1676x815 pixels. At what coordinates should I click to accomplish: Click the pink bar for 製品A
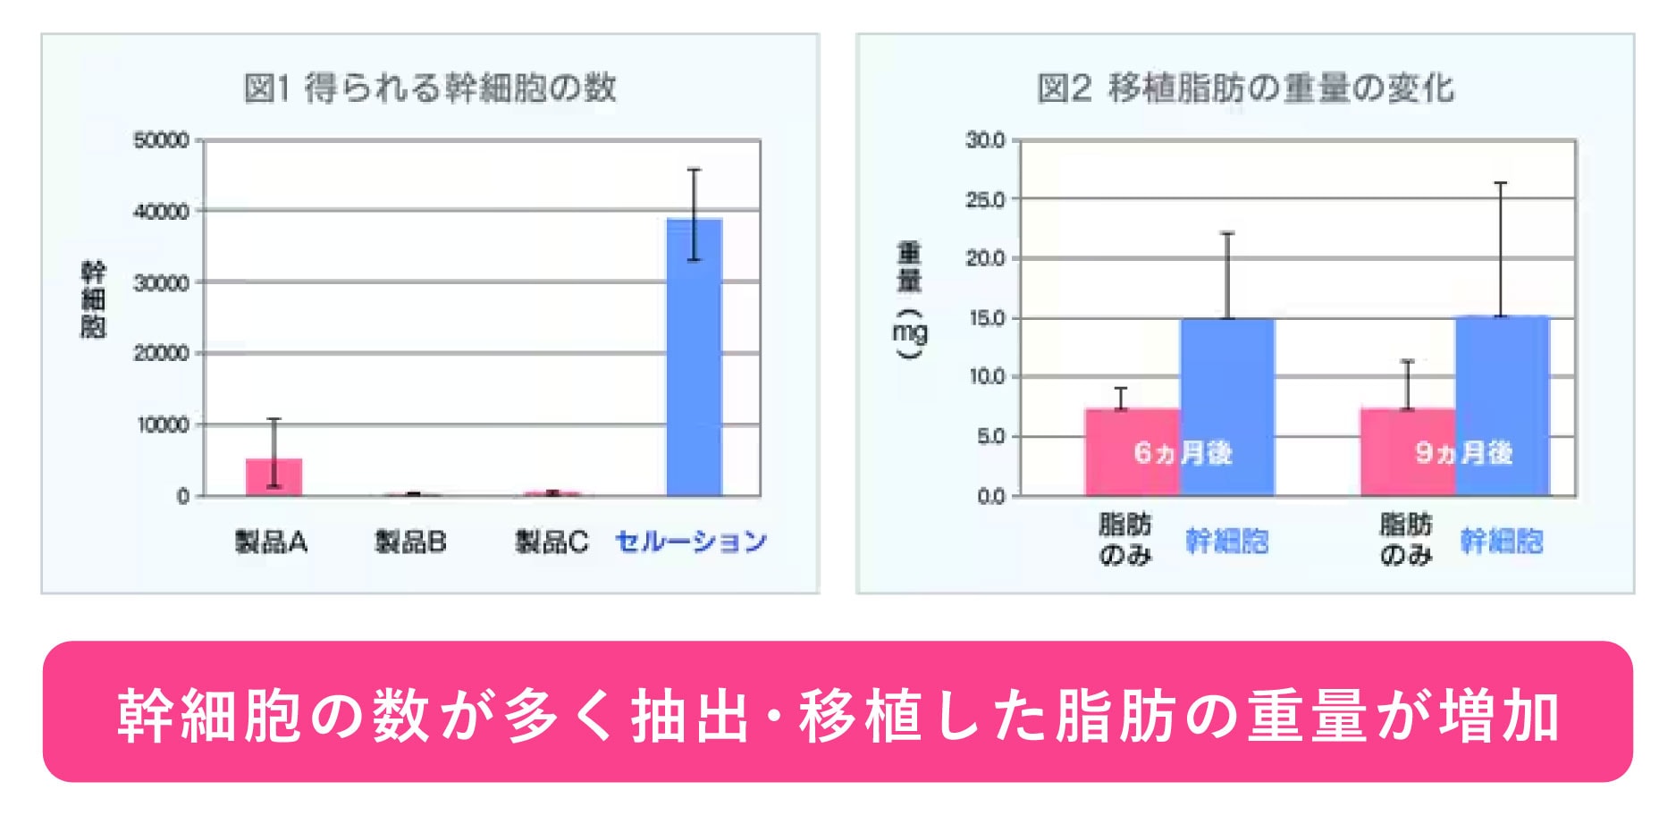tap(274, 477)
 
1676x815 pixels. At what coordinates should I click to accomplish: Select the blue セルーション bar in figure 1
tap(695, 357)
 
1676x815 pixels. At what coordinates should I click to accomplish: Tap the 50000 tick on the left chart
tap(161, 140)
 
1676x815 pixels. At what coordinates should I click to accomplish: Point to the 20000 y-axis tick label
tap(161, 353)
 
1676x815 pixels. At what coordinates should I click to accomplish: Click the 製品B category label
tap(410, 542)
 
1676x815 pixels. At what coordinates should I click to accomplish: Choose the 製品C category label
tap(552, 542)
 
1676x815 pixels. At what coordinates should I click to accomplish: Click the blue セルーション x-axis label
tap(691, 542)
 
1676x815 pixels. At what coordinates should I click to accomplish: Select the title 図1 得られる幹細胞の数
tap(430, 88)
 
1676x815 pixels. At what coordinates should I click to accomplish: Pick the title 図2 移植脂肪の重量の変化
tap(1245, 88)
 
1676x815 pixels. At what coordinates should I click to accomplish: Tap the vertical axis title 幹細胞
tap(93, 299)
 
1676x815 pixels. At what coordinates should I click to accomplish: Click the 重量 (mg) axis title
tap(909, 299)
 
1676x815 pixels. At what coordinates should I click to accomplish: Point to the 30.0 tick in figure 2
tap(985, 140)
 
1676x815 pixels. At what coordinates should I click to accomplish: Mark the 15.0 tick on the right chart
tap(985, 318)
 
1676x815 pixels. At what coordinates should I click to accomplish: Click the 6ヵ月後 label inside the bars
tap(1183, 453)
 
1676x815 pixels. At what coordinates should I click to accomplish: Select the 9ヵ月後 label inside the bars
tap(1463, 453)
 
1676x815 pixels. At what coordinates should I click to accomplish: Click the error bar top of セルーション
tap(695, 170)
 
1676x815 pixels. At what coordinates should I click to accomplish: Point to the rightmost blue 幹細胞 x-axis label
tap(1502, 541)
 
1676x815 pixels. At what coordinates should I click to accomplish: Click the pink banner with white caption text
tap(838, 712)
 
